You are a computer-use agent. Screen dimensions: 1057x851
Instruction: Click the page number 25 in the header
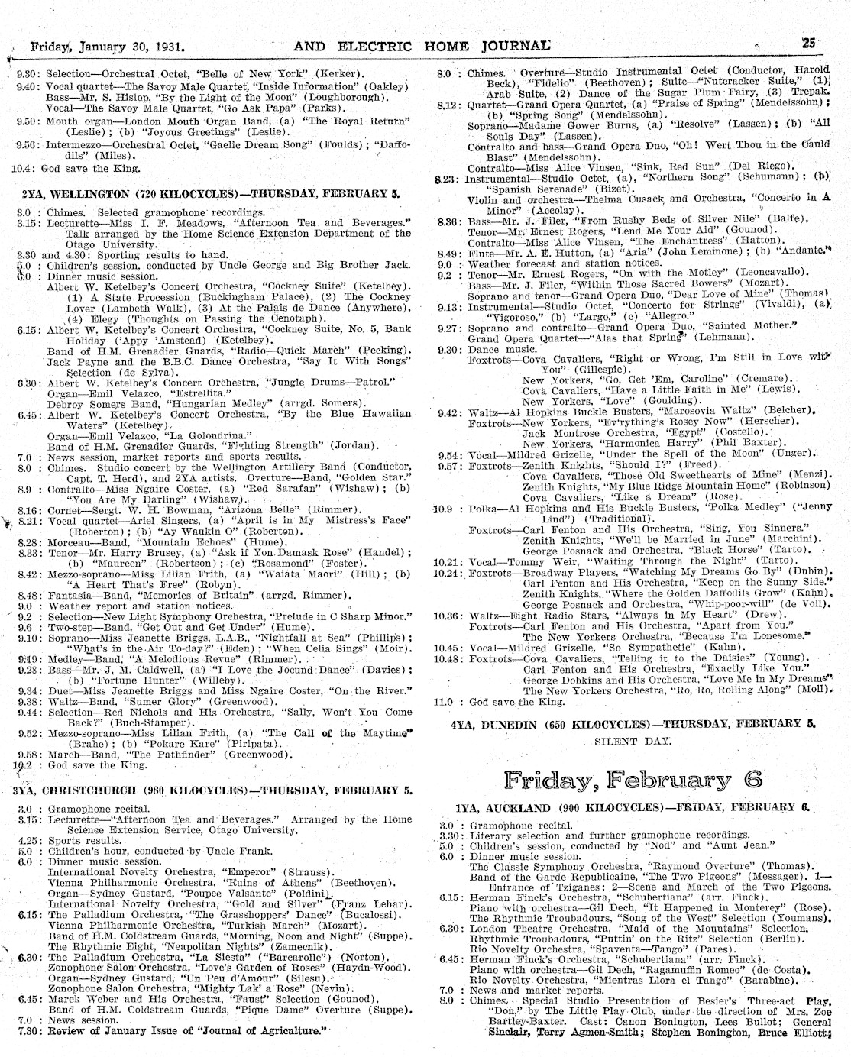pos(810,44)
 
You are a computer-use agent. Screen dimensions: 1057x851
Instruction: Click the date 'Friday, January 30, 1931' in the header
pos(110,46)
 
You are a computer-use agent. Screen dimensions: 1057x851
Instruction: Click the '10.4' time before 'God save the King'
pos(21,168)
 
